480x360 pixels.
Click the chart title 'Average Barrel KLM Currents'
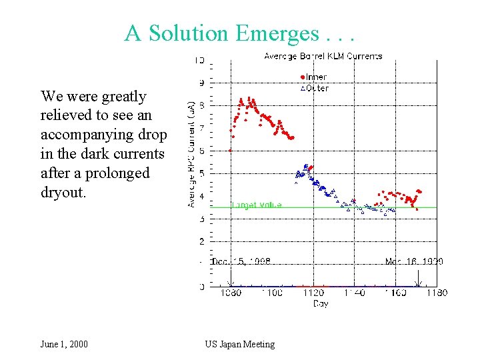tap(323, 56)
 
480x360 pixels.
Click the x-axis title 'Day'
tap(321, 303)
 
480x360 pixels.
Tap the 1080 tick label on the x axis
tap(231, 293)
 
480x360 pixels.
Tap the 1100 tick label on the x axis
tap(272, 293)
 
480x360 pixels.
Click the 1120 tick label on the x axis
tap(313, 293)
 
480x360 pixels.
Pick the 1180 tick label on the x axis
tap(436, 293)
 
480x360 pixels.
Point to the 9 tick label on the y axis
tap(201, 83)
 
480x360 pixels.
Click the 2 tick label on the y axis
tap(201, 241)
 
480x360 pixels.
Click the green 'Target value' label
tap(256, 205)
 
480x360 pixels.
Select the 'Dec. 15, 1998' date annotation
tap(241, 262)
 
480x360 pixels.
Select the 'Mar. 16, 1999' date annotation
tap(413, 262)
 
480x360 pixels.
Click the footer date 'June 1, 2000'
tap(64, 344)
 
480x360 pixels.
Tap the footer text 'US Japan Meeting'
tap(239, 344)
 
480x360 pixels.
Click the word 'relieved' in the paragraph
tap(67, 115)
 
